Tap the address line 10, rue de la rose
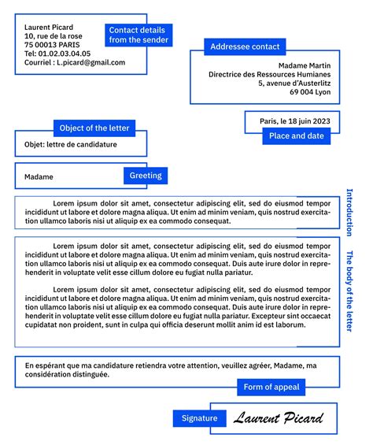pos(53,36)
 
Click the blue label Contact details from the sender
pos(137,35)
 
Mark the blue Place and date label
pos(296,135)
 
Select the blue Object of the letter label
pos(95,128)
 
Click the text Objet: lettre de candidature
pos(70,145)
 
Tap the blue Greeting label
pos(146,176)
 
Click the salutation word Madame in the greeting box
pos(39,177)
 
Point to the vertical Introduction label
pos(350,212)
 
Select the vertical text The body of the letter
pos(350,291)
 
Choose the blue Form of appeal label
pos(271,387)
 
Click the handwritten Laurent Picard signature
pos(278,417)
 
